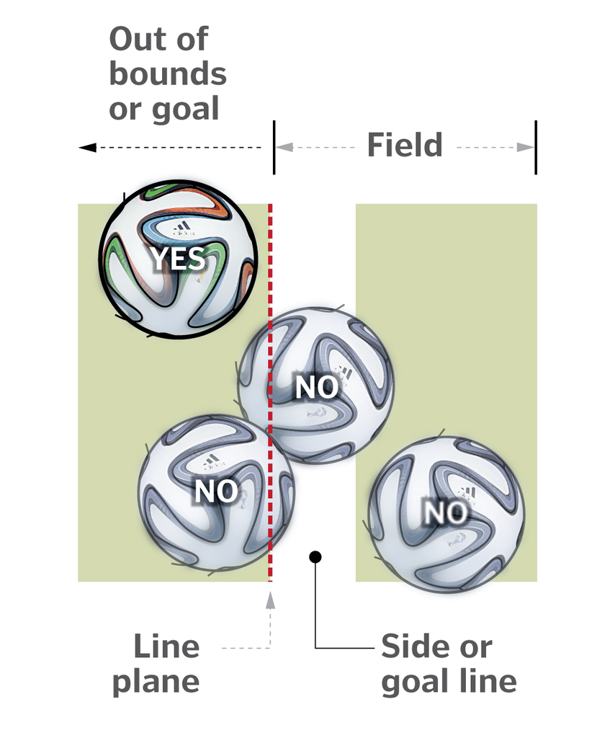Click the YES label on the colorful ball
(178, 258)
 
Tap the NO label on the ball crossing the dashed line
(317, 387)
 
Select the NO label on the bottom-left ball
(216, 492)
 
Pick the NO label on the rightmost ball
(444, 513)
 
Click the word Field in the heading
(405, 146)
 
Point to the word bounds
(168, 74)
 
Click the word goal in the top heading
(184, 110)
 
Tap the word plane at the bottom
(156, 681)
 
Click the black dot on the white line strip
(315, 556)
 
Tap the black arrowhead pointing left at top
(87, 147)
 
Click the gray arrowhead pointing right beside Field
(526, 147)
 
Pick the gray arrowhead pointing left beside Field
(284, 147)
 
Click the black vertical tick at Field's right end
(536, 147)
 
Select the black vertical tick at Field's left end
(274, 147)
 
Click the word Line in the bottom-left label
(166, 646)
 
